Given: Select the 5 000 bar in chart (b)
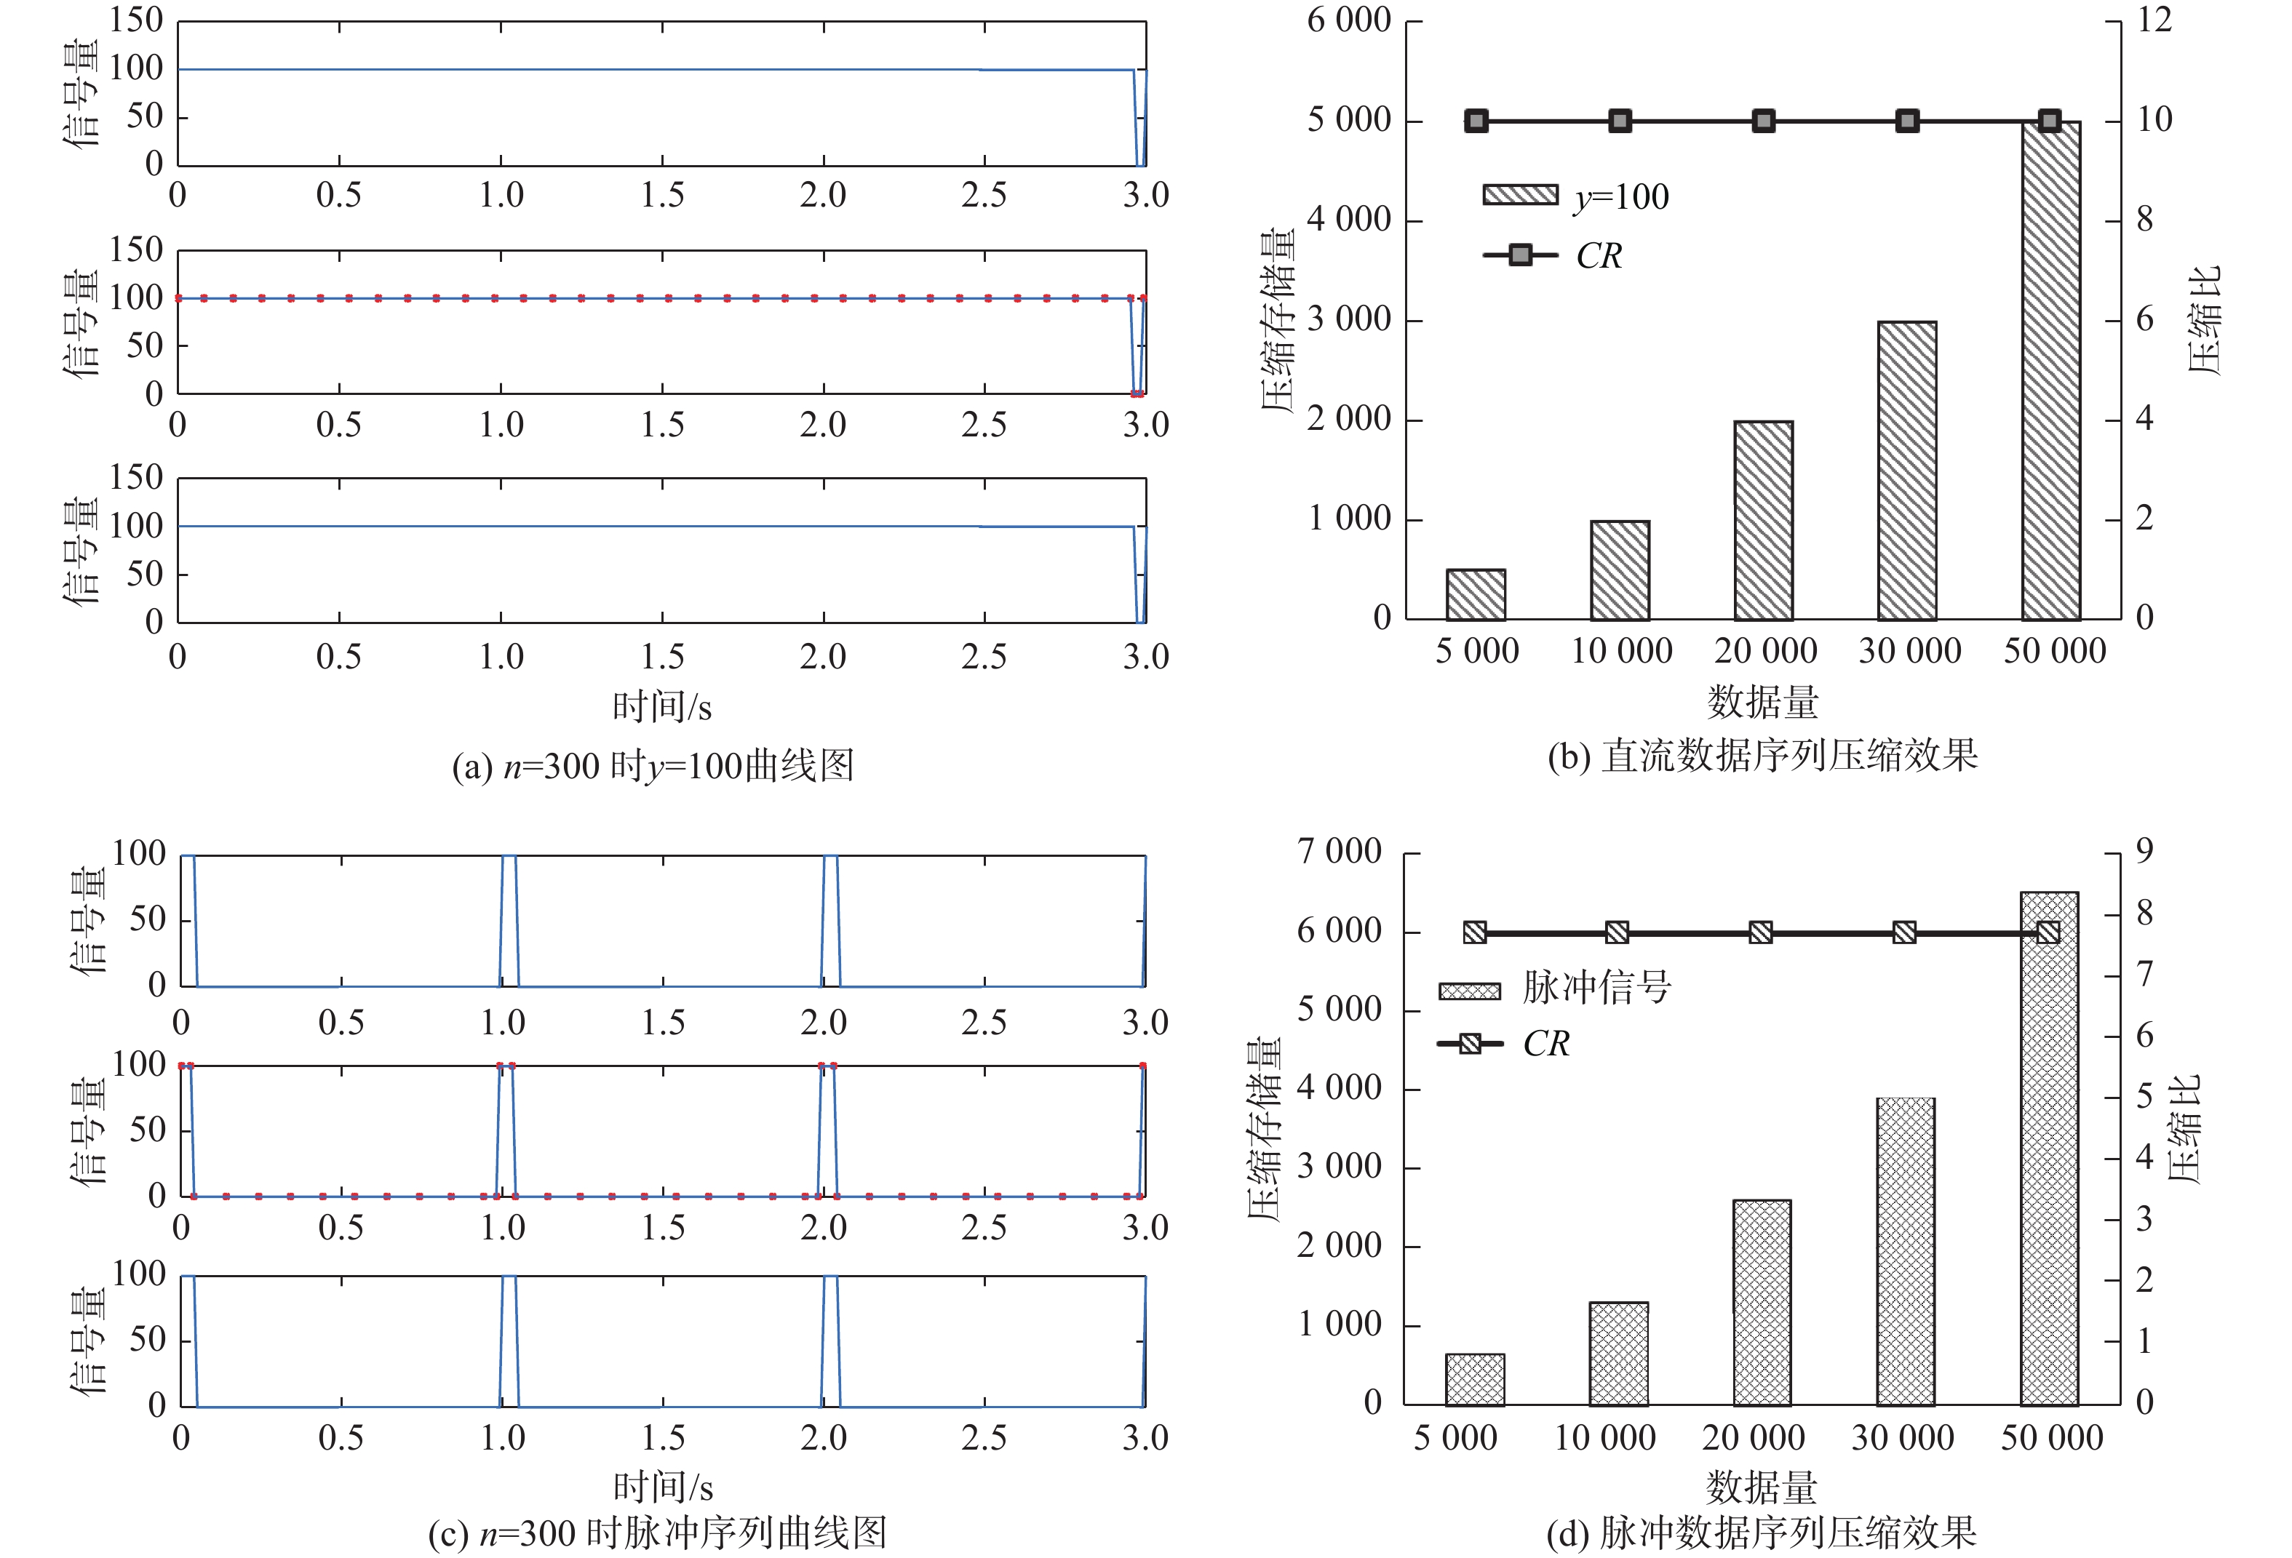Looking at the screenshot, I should coord(1476,594).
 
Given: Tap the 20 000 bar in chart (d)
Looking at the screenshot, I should coord(1762,1302).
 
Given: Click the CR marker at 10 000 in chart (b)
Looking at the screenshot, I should coord(1620,121).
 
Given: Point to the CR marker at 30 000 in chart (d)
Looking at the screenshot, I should coord(1904,932).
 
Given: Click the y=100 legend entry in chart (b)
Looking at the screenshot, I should coord(1576,196).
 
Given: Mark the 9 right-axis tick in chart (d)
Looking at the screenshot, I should coord(2144,852).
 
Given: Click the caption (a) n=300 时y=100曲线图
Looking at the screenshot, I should coord(653,766).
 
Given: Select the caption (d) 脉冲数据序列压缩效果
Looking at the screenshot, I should coord(1762,1533).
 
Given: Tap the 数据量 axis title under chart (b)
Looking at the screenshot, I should coord(1762,702).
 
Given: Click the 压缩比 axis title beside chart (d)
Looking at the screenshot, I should coord(2184,1128).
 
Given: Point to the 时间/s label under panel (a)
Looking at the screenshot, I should coord(661,707).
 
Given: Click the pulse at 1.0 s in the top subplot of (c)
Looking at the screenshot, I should coord(509,919).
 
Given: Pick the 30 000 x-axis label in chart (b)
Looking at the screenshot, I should coord(1909,652).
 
